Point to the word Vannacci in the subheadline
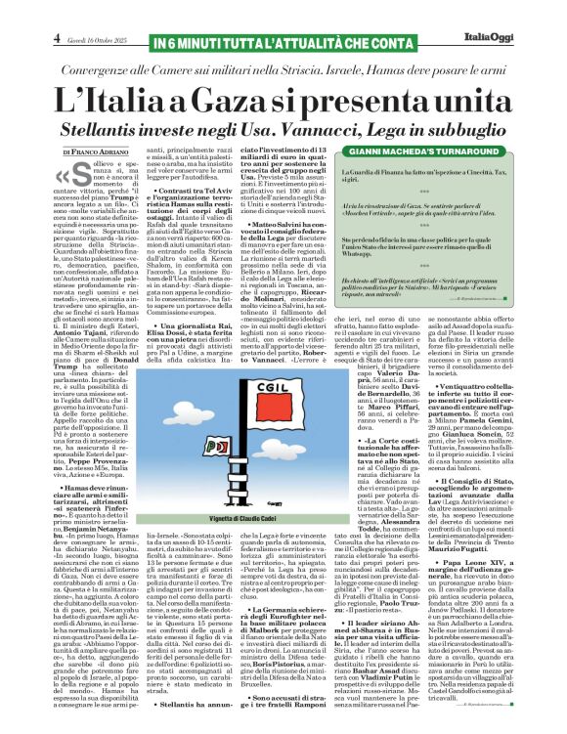click(x=319, y=130)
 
